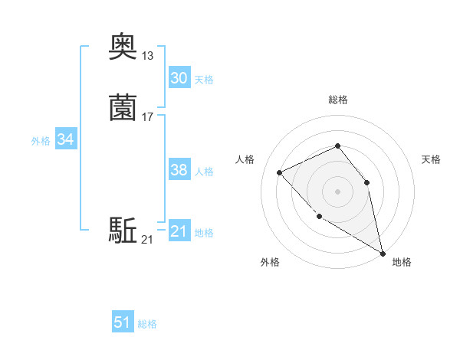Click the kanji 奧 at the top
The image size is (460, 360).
coord(123,47)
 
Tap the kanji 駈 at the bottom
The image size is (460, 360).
coord(123,230)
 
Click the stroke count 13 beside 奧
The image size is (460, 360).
coord(148,56)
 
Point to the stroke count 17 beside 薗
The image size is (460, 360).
coord(148,116)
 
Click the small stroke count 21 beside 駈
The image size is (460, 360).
coord(147,241)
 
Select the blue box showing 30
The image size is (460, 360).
coord(179,78)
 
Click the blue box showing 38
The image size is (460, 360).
coord(179,170)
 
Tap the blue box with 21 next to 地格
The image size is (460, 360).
coord(179,231)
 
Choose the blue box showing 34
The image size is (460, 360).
coord(65,139)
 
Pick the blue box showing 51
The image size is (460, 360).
coord(123,322)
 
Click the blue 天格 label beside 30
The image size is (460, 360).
coord(204,80)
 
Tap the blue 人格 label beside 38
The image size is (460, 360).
coord(204,172)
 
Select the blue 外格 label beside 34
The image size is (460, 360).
coord(41,141)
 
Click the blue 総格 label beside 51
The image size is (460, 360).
coord(147,324)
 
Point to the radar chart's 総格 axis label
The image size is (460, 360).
coord(338,100)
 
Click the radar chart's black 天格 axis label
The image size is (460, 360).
coord(431,159)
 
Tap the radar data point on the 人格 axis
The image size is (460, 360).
coord(280,172)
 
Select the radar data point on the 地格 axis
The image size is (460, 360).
coord(383,254)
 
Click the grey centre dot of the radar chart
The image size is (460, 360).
coord(337,191)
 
